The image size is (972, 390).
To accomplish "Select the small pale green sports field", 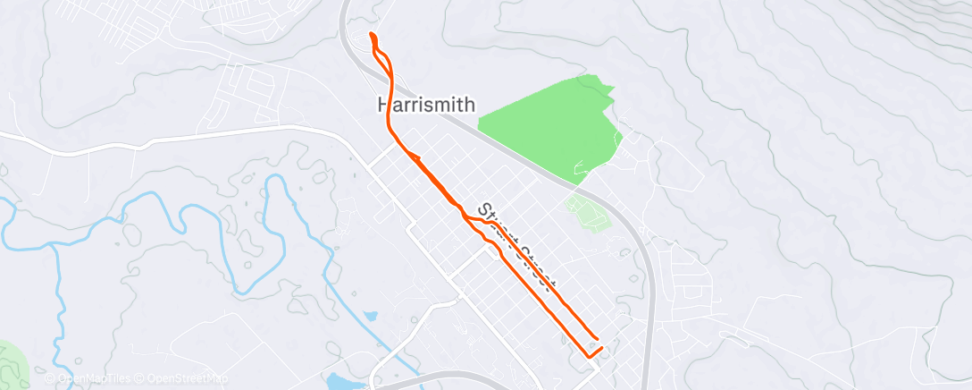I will [587, 213].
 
